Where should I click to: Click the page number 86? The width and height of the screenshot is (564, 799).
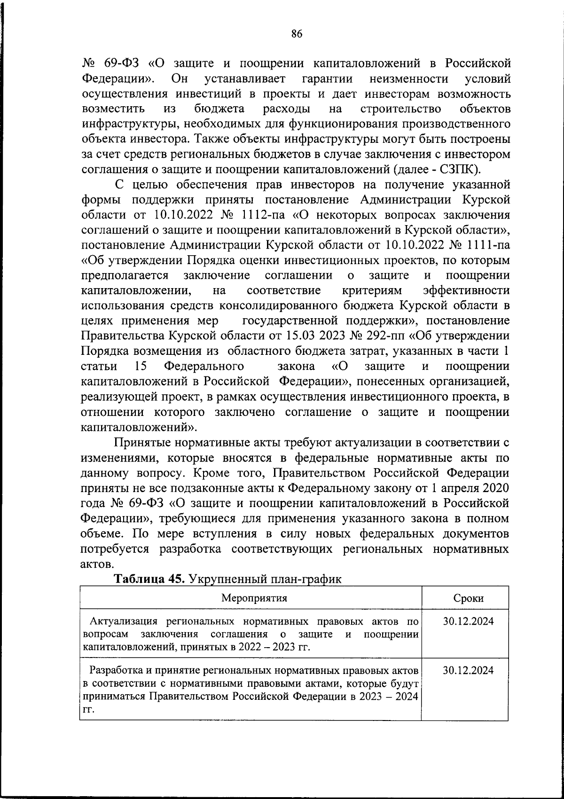point(297,33)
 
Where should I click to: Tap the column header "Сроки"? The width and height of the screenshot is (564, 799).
point(468,598)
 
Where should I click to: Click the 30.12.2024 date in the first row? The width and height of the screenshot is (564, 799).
point(468,621)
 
